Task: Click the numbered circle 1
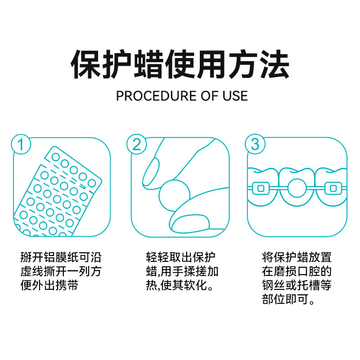coord(21,144)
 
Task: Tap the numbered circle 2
coord(137,144)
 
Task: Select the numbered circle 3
coord(255,144)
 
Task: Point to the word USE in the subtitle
coord(235,96)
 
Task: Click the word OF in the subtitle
coord(209,96)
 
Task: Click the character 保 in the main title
coord(85,64)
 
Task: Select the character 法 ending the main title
coord(274,64)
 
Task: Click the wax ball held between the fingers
coord(175,195)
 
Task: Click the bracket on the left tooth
coord(261,189)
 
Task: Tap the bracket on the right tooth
coord(333,189)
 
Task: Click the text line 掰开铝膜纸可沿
coord(61,257)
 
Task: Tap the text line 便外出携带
coord(49,285)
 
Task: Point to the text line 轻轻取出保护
coord(181,257)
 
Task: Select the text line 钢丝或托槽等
coord(297,285)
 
